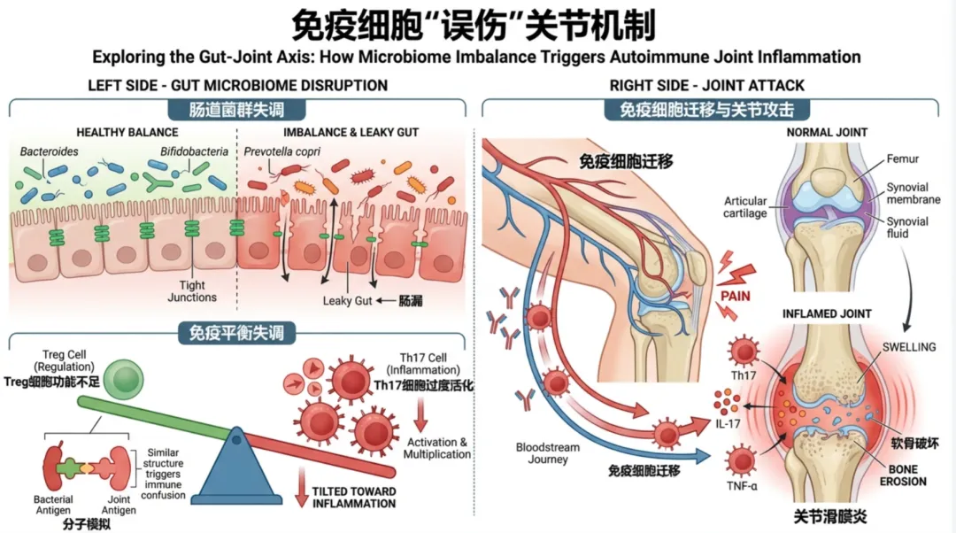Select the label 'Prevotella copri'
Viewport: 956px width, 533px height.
pyautogui.click(x=282, y=151)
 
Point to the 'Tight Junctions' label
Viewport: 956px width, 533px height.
pyautogui.click(x=192, y=291)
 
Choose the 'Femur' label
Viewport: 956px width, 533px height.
pyautogui.click(x=903, y=159)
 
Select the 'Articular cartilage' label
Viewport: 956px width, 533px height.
pyautogui.click(x=745, y=207)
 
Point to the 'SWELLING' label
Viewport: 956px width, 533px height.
pyautogui.click(x=907, y=347)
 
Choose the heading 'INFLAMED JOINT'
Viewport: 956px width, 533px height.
pyautogui.click(x=827, y=313)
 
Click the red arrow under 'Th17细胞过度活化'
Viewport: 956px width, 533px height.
pyautogui.click(x=421, y=413)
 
